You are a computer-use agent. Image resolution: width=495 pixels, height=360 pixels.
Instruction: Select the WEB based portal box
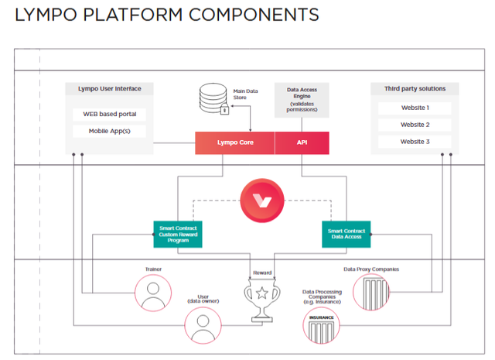[x=109, y=115]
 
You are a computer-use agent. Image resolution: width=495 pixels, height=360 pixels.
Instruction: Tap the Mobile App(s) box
[x=109, y=132]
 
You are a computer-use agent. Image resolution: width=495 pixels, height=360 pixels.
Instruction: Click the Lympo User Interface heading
[x=109, y=89]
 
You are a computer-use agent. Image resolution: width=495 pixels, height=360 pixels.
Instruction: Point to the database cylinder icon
[x=213, y=99]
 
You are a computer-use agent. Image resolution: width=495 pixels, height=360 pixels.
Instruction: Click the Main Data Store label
[x=247, y=94]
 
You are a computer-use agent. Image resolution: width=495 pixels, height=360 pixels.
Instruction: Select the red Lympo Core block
[x=234, y=142]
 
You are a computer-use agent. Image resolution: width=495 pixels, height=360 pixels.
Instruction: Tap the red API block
[x=302, y=142]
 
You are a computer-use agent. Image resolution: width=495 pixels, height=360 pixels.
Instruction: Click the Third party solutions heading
[x=415, y=89]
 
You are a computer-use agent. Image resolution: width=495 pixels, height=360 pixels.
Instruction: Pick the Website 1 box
[x=415, y=108]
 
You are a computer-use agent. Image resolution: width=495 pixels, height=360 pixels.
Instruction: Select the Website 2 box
[x=415, y=125]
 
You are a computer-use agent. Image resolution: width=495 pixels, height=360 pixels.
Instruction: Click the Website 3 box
[x=415, y=142]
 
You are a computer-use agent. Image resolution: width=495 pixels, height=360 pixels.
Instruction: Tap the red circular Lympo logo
[x=262, y=201]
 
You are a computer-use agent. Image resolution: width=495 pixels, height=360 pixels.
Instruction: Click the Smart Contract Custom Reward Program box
[x=177, y=234]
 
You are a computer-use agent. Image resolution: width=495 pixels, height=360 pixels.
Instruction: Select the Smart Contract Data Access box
[x=346, y=235]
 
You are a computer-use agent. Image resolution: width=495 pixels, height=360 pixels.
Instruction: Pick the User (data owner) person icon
[x=204, y=324]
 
